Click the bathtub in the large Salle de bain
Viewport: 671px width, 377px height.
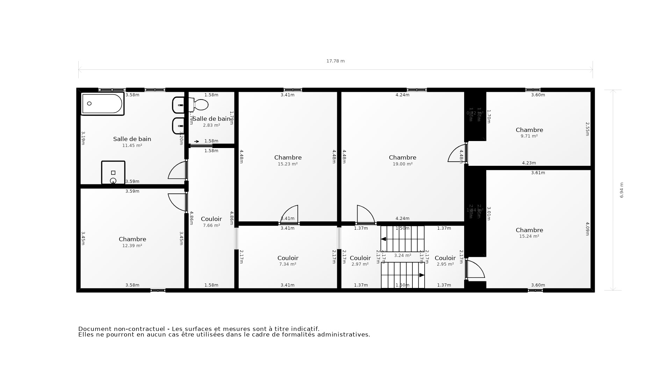coord(102,104)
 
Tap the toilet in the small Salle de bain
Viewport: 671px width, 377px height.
coord(200,104)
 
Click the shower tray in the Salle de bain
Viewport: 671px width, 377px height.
coord(113,172)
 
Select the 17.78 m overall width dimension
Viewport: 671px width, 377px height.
coord(335,61)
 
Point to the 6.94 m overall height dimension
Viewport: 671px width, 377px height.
coord(621,190)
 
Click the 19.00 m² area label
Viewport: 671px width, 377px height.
coord(402,164)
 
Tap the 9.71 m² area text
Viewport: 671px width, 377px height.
coord(529,136)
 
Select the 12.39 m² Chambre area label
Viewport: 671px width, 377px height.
coord(132,246)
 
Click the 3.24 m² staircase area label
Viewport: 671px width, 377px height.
coord(402,256)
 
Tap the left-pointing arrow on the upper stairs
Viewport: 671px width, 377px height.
coord(383,239)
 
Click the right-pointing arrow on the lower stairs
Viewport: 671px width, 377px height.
coord(421,275)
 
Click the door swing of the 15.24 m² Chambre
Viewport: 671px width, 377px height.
coord(475,269)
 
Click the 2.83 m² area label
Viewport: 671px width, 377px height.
coord(211,125)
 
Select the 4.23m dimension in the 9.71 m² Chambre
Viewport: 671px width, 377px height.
coord(528,163)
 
